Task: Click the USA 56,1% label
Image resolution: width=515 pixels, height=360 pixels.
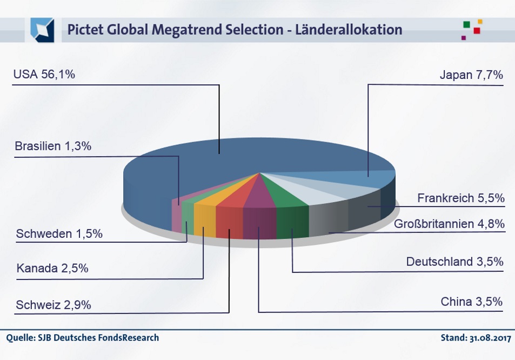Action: (44, 75)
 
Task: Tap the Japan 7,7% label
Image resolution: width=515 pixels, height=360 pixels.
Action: (471, 75)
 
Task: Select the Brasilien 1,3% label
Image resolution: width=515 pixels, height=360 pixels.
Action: (53, 147)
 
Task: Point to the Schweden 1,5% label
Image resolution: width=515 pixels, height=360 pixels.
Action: (59, 234)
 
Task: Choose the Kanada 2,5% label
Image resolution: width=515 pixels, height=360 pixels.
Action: (52, 268)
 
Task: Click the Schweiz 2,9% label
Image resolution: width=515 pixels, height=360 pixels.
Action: (53, 305)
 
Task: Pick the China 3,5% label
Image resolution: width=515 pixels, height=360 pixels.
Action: (472, 301)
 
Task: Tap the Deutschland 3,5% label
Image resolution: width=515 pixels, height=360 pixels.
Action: (455, 262)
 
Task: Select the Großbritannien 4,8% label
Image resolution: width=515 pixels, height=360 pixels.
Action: (449, 223)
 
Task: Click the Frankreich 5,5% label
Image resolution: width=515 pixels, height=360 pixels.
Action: (461, 198)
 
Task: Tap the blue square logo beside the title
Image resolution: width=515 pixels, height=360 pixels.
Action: (42, 30)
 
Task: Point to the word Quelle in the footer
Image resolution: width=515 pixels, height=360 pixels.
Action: (18, 338)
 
